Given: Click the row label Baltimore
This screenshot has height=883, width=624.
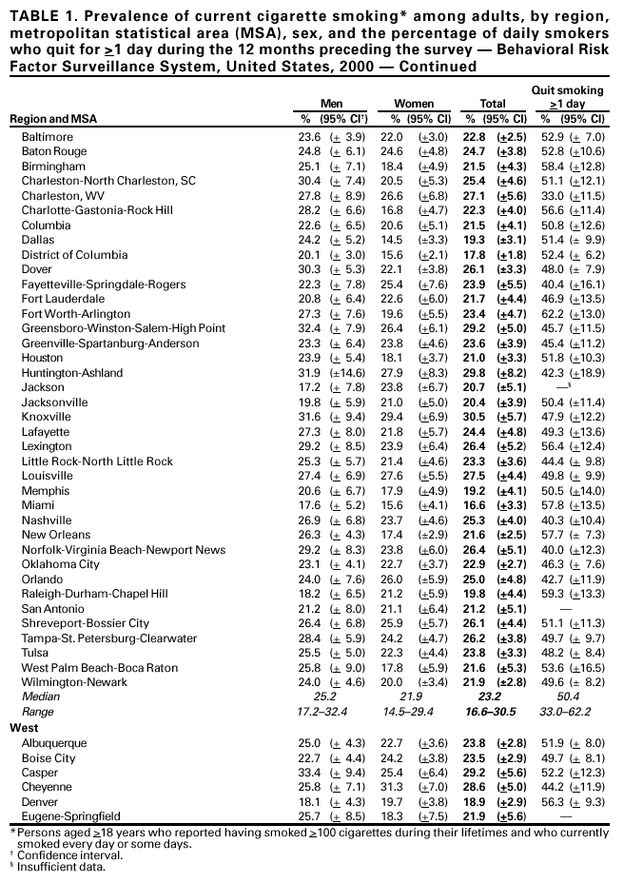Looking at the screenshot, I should [x=47, y=137].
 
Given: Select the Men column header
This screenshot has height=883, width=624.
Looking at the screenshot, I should [x=331, y=103].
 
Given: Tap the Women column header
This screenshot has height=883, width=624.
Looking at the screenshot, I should [x=414, y=103].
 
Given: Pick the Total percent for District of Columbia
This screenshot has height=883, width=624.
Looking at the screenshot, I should [x=476, y=255].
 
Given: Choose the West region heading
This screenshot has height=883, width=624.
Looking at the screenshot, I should [x=24, y=727].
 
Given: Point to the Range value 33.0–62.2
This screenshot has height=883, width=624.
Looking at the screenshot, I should [x=572, y=712].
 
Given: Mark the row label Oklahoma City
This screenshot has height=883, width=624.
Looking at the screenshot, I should [x=60, y=564].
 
